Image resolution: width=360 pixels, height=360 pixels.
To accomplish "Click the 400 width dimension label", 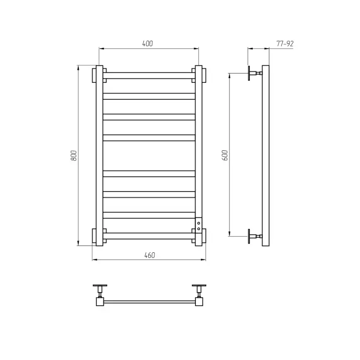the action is click(x=148, y=44).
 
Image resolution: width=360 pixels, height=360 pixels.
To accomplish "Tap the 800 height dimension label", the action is click(x=74, y=155).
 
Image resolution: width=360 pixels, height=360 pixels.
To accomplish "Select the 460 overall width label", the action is click(x=150, y=255).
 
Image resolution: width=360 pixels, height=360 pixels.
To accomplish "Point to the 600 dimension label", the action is click(x=225, y=155).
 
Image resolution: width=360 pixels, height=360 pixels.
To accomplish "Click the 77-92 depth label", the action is click(x=285, y=44).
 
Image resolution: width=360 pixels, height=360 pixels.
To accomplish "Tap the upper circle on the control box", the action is click(x=199, y=223).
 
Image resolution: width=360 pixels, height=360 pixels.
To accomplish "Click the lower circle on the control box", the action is click(x=199, y=229).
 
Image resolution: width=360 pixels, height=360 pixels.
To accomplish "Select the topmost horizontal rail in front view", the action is click(x=149, y=76).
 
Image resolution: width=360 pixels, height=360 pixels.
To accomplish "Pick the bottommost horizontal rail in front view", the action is click(x=149, y=236).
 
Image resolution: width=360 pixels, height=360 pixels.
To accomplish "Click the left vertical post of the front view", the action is click(x=99, y=155).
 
